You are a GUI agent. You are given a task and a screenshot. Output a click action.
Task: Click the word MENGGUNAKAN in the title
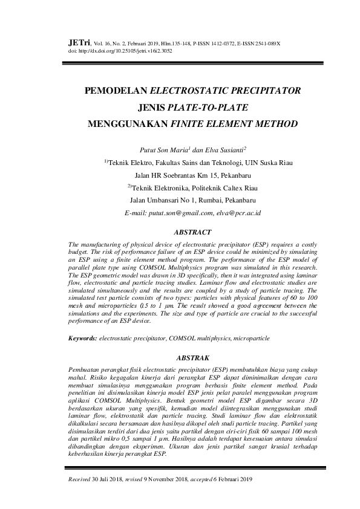pyautogui.click(x=128, y=125)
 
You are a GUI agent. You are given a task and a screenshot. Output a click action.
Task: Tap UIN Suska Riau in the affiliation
pyautogui.click(x=256, y=163)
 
